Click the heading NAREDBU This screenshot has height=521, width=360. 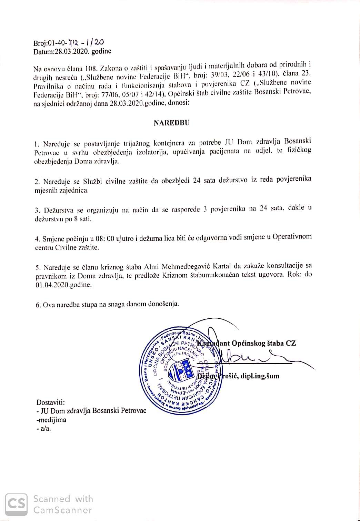[x=171, y=123]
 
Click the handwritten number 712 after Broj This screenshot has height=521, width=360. [x=74, y=42]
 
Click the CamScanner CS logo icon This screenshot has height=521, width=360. [x=17, y=504]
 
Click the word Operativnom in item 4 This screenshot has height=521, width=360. [x=292, y=237]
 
